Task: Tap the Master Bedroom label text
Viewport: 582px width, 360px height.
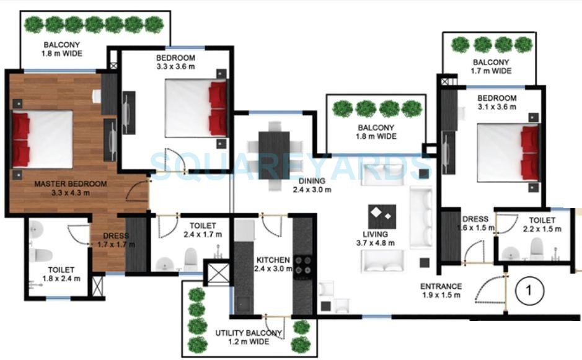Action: [70, 188]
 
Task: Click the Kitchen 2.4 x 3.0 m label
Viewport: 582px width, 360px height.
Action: [273, 264]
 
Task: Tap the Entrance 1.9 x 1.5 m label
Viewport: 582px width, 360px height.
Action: [441, 291]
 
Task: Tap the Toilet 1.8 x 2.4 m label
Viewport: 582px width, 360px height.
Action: [59, 274]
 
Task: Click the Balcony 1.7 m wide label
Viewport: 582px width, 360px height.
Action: [491, 67]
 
